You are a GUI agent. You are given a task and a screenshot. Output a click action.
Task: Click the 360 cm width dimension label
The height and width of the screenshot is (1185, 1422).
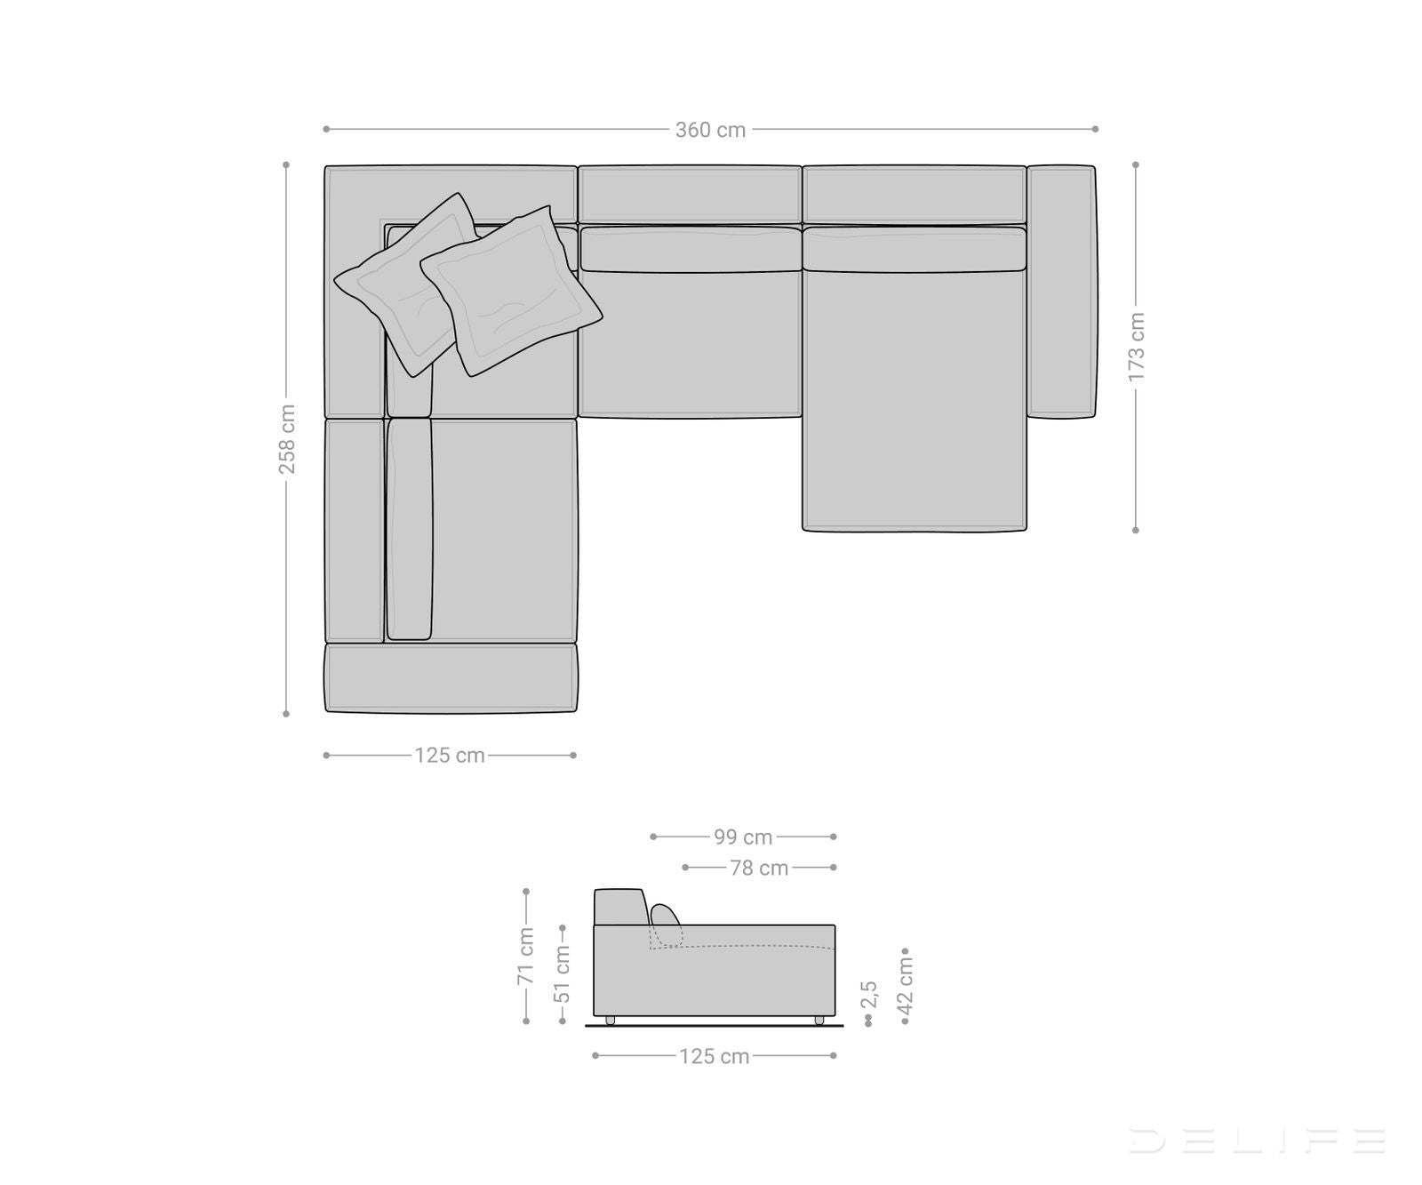point(710,130)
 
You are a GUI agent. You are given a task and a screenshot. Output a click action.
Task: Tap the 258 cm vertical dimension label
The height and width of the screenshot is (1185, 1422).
point(287,439)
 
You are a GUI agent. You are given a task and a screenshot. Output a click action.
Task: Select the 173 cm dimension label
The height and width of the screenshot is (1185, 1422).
point(1137,347)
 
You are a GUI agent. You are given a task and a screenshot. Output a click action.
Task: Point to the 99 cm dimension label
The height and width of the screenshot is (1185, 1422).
point(743,837)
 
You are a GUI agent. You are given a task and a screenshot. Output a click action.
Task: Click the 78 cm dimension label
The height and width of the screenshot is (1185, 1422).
point(759,868)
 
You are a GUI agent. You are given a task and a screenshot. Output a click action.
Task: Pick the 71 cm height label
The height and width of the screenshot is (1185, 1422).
point(525,956)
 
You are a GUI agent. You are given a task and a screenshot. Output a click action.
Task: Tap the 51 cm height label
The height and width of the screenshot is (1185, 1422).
point(563,973)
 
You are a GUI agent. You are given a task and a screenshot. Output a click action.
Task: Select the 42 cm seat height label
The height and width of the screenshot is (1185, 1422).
point(906,984)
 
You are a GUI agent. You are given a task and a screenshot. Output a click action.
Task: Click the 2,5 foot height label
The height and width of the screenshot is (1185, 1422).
point(869,994)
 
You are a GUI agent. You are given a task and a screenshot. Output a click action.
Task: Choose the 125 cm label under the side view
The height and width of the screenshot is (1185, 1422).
point(714,1056)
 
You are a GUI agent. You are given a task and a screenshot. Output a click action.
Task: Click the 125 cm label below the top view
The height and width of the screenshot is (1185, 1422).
point(450,756)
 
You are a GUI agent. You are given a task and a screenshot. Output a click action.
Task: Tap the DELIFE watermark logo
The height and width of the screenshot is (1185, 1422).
point(1257,1140)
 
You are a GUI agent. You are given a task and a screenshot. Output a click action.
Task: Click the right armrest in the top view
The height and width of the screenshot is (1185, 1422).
point(1061,291)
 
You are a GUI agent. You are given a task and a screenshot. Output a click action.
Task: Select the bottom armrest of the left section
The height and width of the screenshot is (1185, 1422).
point(451,678)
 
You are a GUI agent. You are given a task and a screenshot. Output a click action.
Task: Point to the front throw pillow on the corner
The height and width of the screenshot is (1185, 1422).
point(510,290)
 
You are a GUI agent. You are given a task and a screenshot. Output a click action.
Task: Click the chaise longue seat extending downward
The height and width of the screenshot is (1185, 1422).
point(914,400)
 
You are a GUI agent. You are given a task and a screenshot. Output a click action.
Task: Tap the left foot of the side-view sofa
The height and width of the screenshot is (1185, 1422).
point(611,1020)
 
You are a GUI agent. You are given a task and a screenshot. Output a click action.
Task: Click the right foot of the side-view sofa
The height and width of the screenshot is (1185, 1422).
point(819,1020)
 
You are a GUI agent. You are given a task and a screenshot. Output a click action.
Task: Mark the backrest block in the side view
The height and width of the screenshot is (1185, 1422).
point(618,907)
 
